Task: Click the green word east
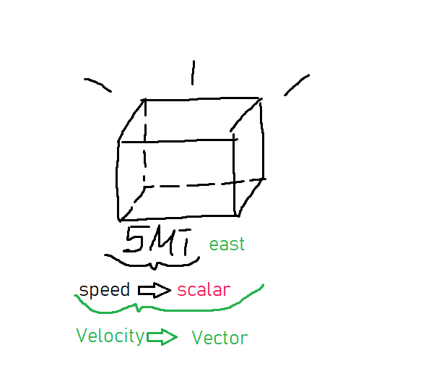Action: tap(227, 244)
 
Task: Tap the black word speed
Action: tap(105, 290)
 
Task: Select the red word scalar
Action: tap(204, 290)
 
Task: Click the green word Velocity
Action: tap(110, 336)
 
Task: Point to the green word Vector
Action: tap(219, 338)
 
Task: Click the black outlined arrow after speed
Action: tap(154, 290)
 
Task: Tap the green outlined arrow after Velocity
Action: tap(161, 336)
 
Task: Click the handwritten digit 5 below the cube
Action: tap(135, 239)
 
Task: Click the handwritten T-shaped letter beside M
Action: tap(186, 241)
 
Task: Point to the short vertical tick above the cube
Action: tap(192, 72)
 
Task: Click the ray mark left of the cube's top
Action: tap(97, 85)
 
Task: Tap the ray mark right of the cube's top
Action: tap(296, 84)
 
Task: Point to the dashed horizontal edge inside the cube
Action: tap(202, 184)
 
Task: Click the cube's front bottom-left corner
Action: tap(119, 218)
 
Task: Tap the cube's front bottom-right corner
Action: tap(237, 215)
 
